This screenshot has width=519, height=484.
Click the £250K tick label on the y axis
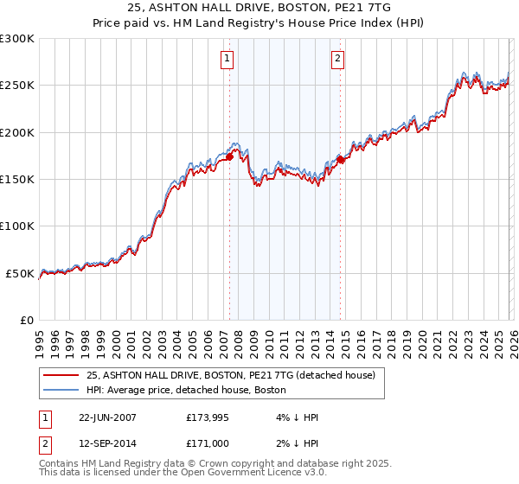pos(17,86)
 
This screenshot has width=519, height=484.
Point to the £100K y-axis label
pos(17,226)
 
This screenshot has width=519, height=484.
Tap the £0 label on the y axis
pos(28,321)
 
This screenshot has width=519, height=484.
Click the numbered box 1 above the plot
pos(227,59)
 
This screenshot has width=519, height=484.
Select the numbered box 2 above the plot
pos(336,59)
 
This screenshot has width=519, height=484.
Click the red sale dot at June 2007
pos(230,156)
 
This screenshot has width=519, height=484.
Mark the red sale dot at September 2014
pos(341,160)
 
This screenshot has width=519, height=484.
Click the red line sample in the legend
pos(61,376)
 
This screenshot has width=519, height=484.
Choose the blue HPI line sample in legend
pos(61,391)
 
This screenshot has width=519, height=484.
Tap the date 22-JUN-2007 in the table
pos(107,417)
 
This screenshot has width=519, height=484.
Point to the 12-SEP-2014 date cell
pos(107,444)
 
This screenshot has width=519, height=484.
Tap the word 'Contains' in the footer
pos(59,464)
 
